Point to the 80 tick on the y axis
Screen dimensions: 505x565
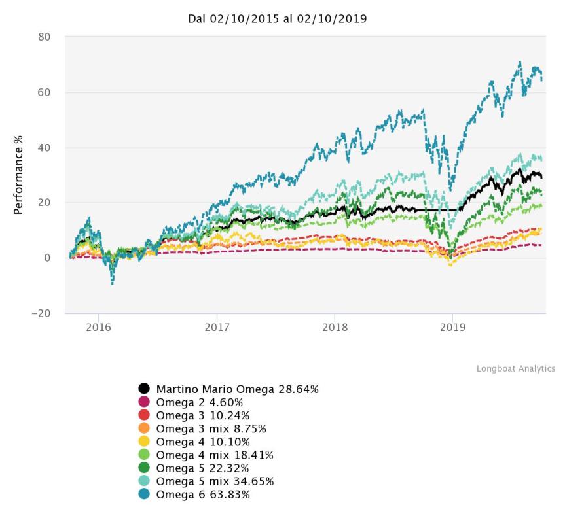tap(44, 37)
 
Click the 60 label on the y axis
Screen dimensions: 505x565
tap(44, 92)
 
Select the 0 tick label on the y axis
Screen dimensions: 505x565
tap(47, 258)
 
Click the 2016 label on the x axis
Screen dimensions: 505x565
tap(98, 326)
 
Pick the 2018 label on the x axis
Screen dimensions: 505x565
tap(335, 326)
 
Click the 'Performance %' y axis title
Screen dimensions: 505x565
tap(20, 175)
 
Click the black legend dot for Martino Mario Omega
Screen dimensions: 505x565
tap(145, 389)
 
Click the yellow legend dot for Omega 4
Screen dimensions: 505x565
tap(145, 442)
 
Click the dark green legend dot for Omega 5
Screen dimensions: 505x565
tap(145, 468)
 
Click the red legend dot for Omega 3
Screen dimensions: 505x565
tap(145, 415)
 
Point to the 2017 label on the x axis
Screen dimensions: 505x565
tap(216, 326)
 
